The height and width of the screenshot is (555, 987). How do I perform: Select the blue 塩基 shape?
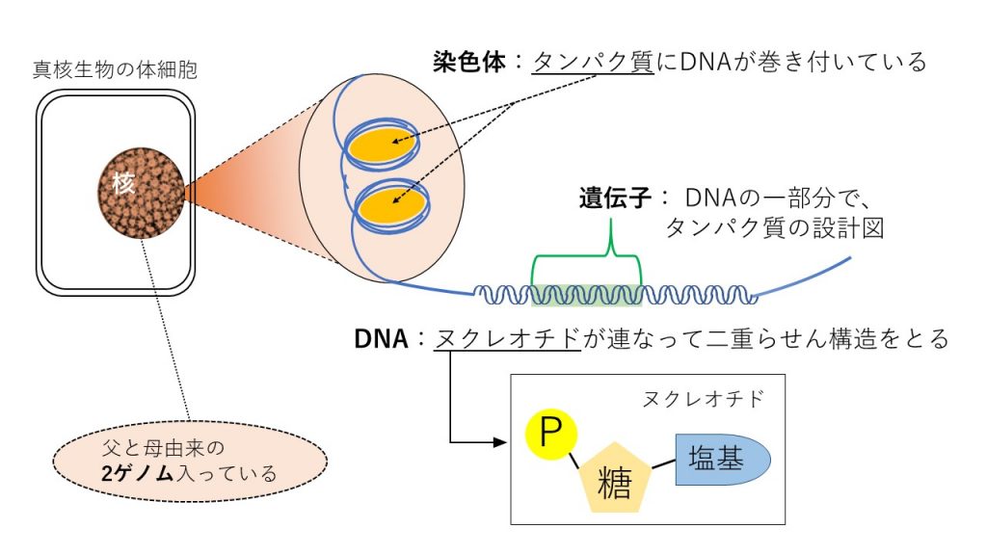click(722, 459)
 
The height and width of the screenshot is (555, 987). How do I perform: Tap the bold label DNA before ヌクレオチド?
click(382, 338)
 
